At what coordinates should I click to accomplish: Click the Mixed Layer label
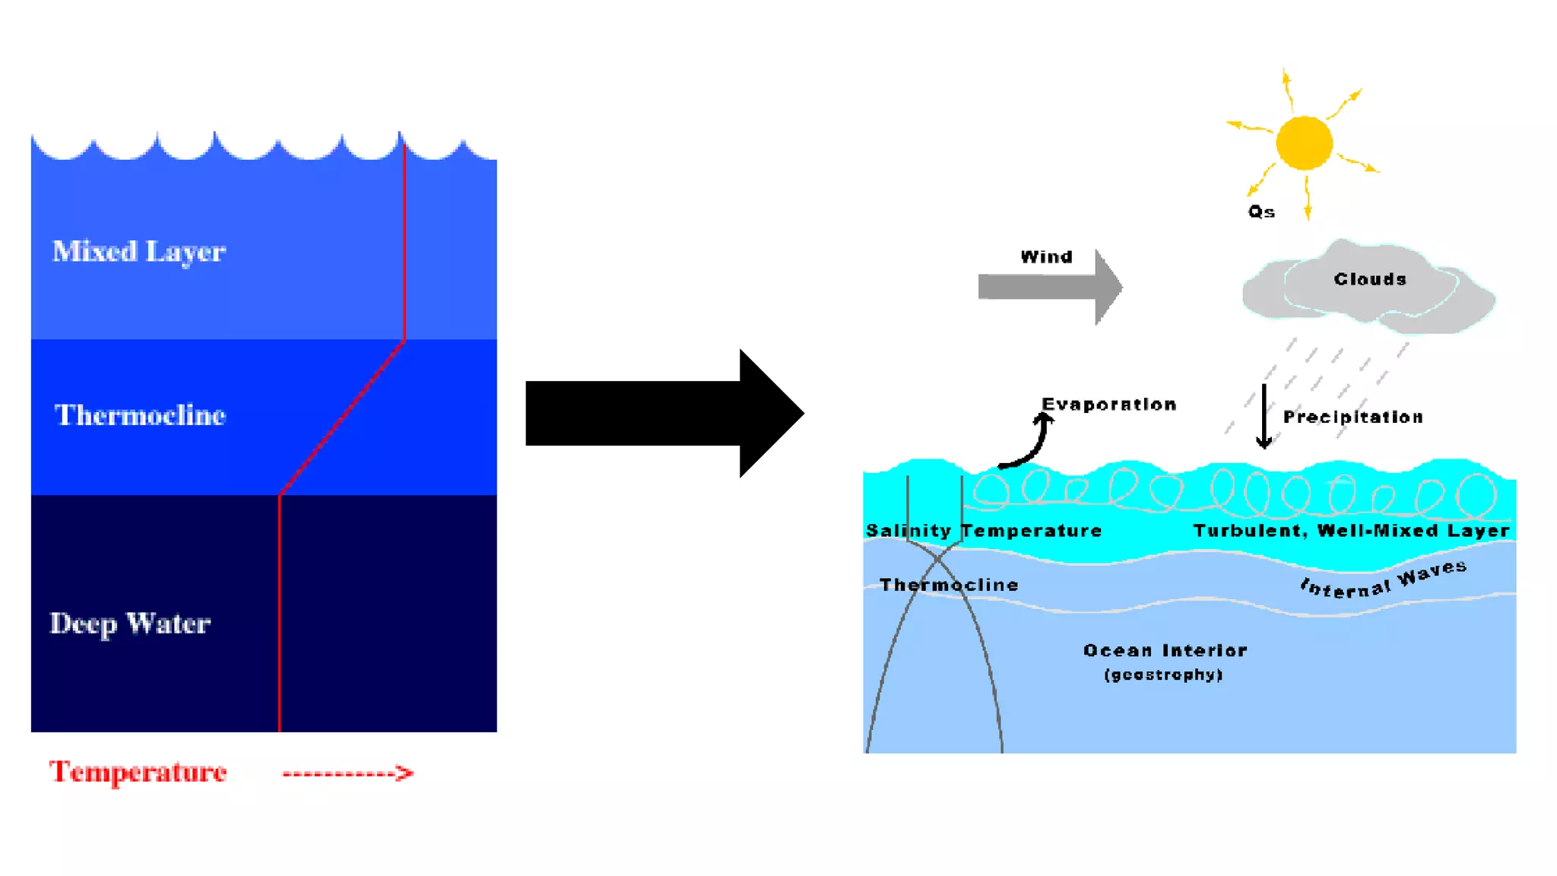click(x=138, y=252)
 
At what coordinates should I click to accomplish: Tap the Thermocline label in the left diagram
click(x=140, y=415)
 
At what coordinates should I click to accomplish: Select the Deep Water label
click(x=130, y=624)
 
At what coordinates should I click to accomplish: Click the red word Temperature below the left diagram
click(x=138, y=772)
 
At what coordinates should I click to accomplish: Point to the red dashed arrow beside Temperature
click(x=347, y=773)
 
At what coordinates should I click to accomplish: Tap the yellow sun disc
click(x=1304, y=143)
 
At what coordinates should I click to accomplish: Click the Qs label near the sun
click(x=1261, y=212)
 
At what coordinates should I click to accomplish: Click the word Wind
click(x=1046, y=257)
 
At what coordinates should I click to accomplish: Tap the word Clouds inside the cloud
click(x=1369, y=279)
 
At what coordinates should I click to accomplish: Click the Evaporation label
click(x=1108, y=405)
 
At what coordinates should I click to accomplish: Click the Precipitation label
click(x=1352, y=417)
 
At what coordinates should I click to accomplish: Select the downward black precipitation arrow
click(x=1264, y=417)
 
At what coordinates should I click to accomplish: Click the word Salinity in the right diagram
click(x=908, y=531)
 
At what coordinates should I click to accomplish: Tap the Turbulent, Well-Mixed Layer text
click(x=1351, y=531)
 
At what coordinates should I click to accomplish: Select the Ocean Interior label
click(x=1165, y=651)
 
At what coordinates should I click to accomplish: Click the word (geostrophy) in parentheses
click(x=1163, y=675)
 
